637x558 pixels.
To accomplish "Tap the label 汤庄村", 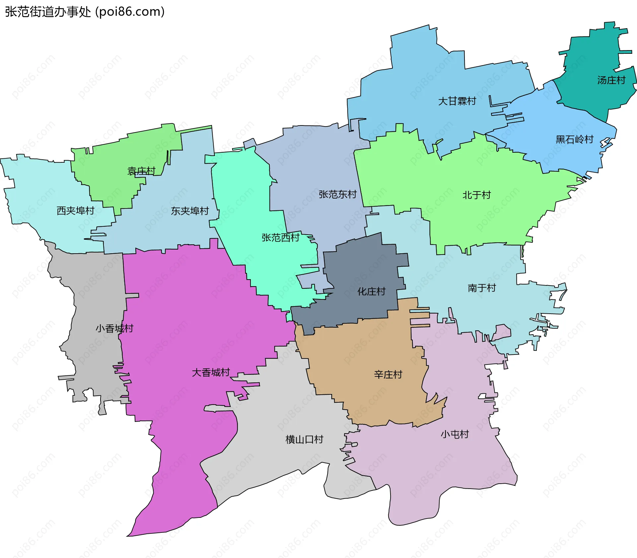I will tap(611, 80).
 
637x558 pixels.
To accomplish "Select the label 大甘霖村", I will tap(457, 101).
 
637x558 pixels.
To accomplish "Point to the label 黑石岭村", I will tap(574, 139).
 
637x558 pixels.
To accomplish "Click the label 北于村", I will tap(476, 195).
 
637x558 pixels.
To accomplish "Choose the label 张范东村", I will tap(337, 195).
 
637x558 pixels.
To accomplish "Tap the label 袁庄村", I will tap(141, 171).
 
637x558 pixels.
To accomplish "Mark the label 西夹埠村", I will tap(75, 211).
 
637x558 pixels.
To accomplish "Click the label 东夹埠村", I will tap(190, 211).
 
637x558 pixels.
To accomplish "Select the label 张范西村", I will tap(280, 238).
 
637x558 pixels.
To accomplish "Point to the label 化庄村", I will tap(371, 292).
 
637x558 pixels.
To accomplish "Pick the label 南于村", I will tap(482, 288).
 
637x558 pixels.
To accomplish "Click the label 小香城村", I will tap(114, 329).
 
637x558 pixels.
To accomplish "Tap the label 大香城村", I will tap(211, 373).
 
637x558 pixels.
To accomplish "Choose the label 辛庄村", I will tap(388, 375).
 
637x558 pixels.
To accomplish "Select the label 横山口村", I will tap(304, 440).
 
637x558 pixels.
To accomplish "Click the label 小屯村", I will tap(455, 435).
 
